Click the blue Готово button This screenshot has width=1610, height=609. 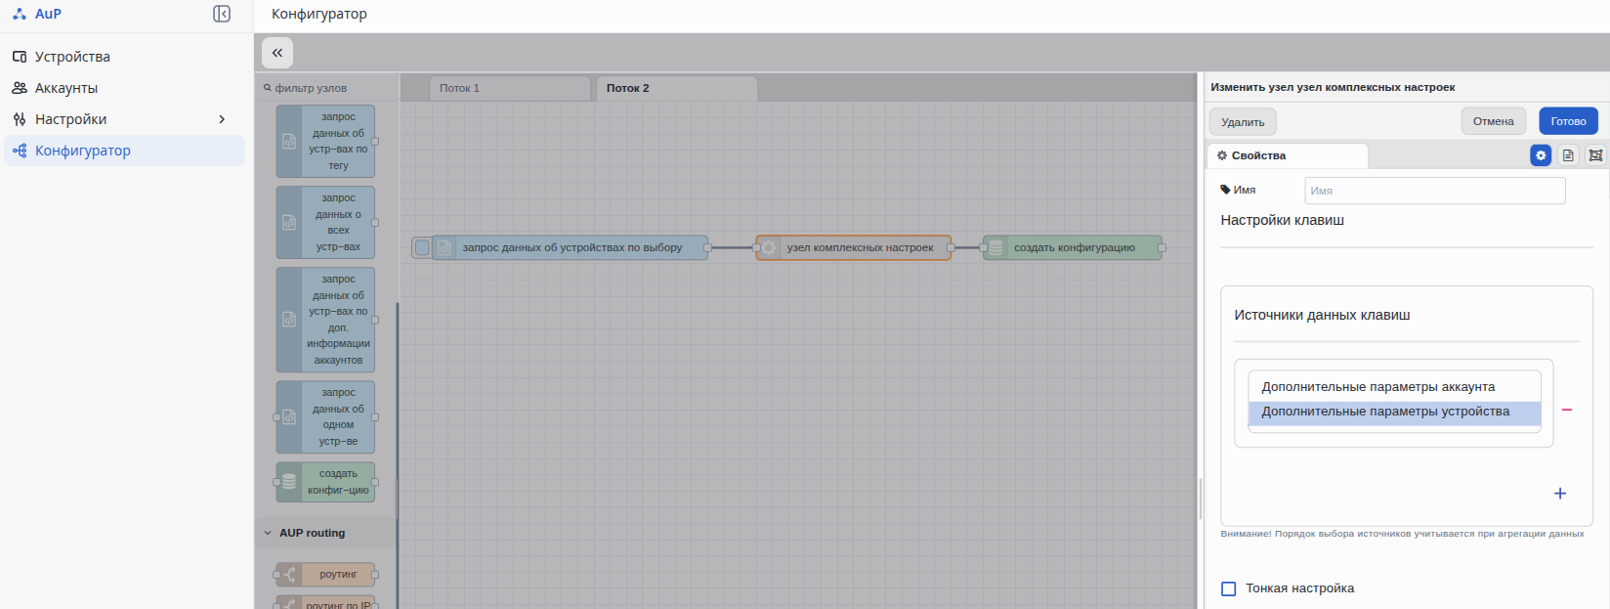tap(1568, 121)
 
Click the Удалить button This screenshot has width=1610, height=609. tap(1242, 121)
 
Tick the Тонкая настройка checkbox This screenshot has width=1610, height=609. tap(1228, 588)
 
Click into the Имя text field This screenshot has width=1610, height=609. tap(1434, 191)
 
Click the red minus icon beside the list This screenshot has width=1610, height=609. tap(1567, 410)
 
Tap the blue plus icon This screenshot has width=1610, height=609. tap(1559, 494)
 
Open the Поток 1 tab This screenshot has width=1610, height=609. tap(510, 88)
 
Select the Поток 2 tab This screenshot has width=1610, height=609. tap(676, 88)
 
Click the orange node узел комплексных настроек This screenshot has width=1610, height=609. tap(853, 247)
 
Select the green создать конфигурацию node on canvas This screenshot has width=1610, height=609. tap(1073, 247)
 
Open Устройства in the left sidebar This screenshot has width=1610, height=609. tap(72, 56)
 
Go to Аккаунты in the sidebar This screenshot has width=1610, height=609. tap(66, 88)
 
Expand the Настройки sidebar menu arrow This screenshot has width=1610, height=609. tap(222, 119)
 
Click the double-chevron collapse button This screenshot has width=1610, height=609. tap(277, 53)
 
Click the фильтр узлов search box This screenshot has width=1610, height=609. tap(327, 88)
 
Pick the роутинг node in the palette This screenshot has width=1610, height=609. tap(325, 575)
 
